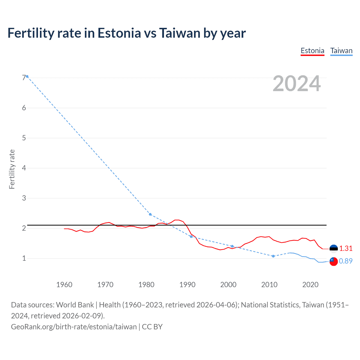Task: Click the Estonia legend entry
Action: coord(312,51)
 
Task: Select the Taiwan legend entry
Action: coord(341,51)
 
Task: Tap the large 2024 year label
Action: coord(296,84)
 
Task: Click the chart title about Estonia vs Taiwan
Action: coord(127,33)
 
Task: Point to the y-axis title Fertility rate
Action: coord(12,169)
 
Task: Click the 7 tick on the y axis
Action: coord(24,78)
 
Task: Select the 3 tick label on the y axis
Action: coord(24,198)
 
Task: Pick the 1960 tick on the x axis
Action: coord(64,285)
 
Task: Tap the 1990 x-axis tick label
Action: coord(187,285)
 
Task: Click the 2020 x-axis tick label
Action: coord(310,285)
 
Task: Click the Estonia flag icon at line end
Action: coord(334,249)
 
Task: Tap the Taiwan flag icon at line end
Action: coord(334,261)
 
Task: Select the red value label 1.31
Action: coord(346,249)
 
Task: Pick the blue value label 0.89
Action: coord(346,261)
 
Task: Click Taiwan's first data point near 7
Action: coord(27,76)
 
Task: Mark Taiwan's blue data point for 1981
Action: coord(150,214)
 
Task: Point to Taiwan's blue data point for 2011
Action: coord(273,256)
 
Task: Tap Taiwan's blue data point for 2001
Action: coord(232,246)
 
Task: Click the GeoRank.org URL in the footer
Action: coord(74,327)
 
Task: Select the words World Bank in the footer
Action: coord(75,305)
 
